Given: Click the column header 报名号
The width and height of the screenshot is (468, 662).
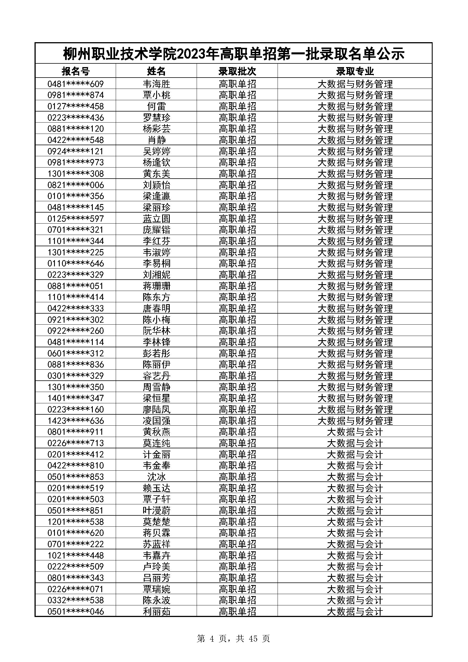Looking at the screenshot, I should pyautogui.click(x=76, y=71).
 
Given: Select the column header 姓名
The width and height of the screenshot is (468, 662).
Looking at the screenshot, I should pyautogui.click(x=156, y=71).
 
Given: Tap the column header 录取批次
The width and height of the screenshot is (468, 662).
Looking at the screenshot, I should pyautogui.click(x=237, y=71).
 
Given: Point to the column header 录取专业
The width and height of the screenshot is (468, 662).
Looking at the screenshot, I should pyautogui.click(x=355, y=71).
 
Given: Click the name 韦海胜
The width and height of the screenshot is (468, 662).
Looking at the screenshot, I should pyautogui.click(x=156, y=84).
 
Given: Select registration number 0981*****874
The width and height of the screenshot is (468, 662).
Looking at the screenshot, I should pyautogui.click(x=76, y=95).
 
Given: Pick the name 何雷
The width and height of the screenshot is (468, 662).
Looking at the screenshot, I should pyautogui.click(x=156, y=106).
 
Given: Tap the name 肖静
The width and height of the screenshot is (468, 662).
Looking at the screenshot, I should pyautogui.click(x=156, y=140).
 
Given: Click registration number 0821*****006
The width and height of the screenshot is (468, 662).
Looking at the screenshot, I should pyautogui.click(x=76, y=185).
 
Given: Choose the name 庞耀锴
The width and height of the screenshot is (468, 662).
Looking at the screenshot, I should pyautogui.click(x=156, y=230).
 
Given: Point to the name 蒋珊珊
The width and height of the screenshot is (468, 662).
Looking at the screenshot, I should pyautogui.click(x=156, y=286).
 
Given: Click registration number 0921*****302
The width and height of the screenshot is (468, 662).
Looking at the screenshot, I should pyautogui.click(x=76, y=320).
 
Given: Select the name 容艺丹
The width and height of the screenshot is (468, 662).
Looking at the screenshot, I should pyautogui.click(x=156, y=376).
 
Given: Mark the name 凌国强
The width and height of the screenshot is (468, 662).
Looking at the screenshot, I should pyautogui.click(x=156, y=421).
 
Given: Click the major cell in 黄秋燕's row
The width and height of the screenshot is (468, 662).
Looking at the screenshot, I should pyautogui.click(x=355, y=432).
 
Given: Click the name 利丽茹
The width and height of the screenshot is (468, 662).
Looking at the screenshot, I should pyautogui.click(x=156, y=612).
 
